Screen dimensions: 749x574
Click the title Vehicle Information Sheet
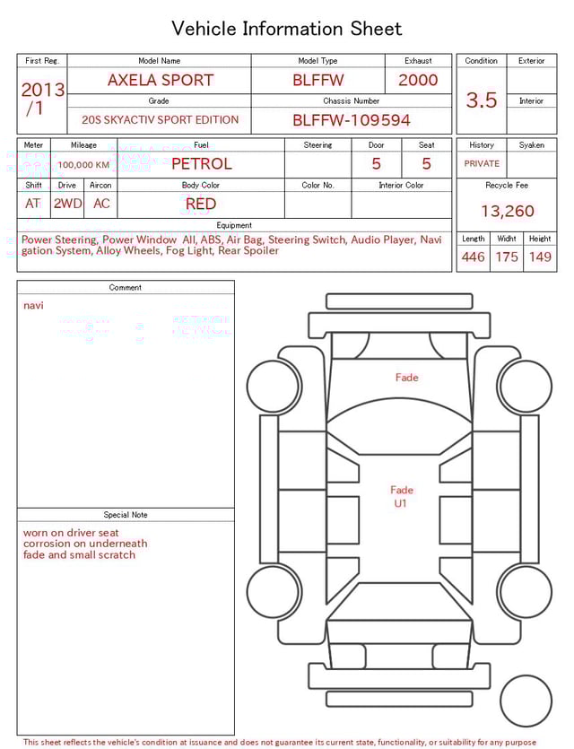click(287, 29)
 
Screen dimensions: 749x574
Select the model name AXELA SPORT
click(161, 80)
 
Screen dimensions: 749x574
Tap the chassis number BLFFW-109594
click(352, 120)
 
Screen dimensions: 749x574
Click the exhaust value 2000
click(418, 80)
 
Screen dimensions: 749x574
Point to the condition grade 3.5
click(482, 100)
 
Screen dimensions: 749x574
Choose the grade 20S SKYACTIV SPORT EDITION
click(161, 120)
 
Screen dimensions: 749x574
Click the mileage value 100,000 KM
click(83, 165)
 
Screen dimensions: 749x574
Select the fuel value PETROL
click(201, 163)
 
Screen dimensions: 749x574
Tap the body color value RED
click(201, 204)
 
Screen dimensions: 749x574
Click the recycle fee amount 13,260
click(508, 211)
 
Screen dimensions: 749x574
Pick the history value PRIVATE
click(482, 164)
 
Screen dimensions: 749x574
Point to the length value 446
click(473, 257)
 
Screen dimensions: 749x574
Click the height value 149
click(540, 257)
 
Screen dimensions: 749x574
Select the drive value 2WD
click(67, 204)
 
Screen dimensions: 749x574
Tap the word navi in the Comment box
click(33, 306)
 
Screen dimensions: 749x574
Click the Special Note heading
click(126, 515)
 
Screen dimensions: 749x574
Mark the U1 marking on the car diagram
click(401, 503)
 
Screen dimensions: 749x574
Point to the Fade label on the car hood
click(407, 378)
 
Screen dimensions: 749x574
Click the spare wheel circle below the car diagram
click(526, 701)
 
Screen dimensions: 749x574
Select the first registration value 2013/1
click(42, 99)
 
